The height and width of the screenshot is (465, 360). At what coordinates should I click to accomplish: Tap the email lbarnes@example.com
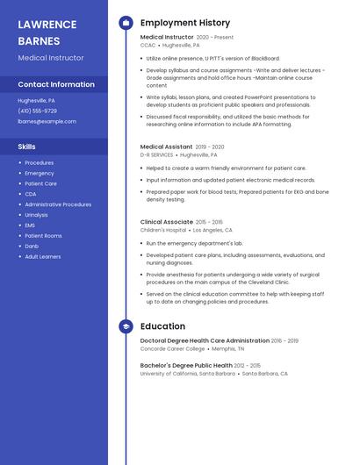[x=47, y=121]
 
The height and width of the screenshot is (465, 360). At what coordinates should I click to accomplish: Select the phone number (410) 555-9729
[x=37, y=111]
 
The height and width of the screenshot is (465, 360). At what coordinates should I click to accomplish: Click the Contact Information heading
[x=56, y=84]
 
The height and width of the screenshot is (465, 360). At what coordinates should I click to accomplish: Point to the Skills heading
[x=27, y=147]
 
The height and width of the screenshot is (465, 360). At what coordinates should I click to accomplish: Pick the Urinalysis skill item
[x=36, y=215]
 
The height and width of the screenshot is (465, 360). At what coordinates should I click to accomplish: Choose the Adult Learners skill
[x=43, y=257]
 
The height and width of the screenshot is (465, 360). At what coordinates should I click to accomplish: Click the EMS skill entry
[x=30, y=225]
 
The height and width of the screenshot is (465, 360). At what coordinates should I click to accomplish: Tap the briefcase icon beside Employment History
[x=126, y=23]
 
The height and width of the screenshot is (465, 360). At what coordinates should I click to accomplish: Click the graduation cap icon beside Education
[x=126, y=326]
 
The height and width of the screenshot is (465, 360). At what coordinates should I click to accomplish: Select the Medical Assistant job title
[x=166, y=147]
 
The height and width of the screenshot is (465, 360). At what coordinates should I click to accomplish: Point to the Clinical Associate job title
[x=166, y=222]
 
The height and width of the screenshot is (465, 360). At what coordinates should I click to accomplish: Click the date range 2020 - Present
[x=214, y=38]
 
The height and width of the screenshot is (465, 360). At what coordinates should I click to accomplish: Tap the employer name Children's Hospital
[x=163, y=230]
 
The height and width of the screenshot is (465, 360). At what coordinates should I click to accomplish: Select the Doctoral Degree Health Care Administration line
[x=205, y=340]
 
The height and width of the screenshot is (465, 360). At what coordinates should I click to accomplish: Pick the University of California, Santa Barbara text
[x=188, y=373]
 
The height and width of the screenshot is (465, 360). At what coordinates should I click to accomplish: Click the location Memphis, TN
[x=229, y=348]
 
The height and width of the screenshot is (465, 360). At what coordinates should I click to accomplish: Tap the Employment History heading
[x=185, y=23]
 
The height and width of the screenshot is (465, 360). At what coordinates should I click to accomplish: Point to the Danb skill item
[x=31, y=247]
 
